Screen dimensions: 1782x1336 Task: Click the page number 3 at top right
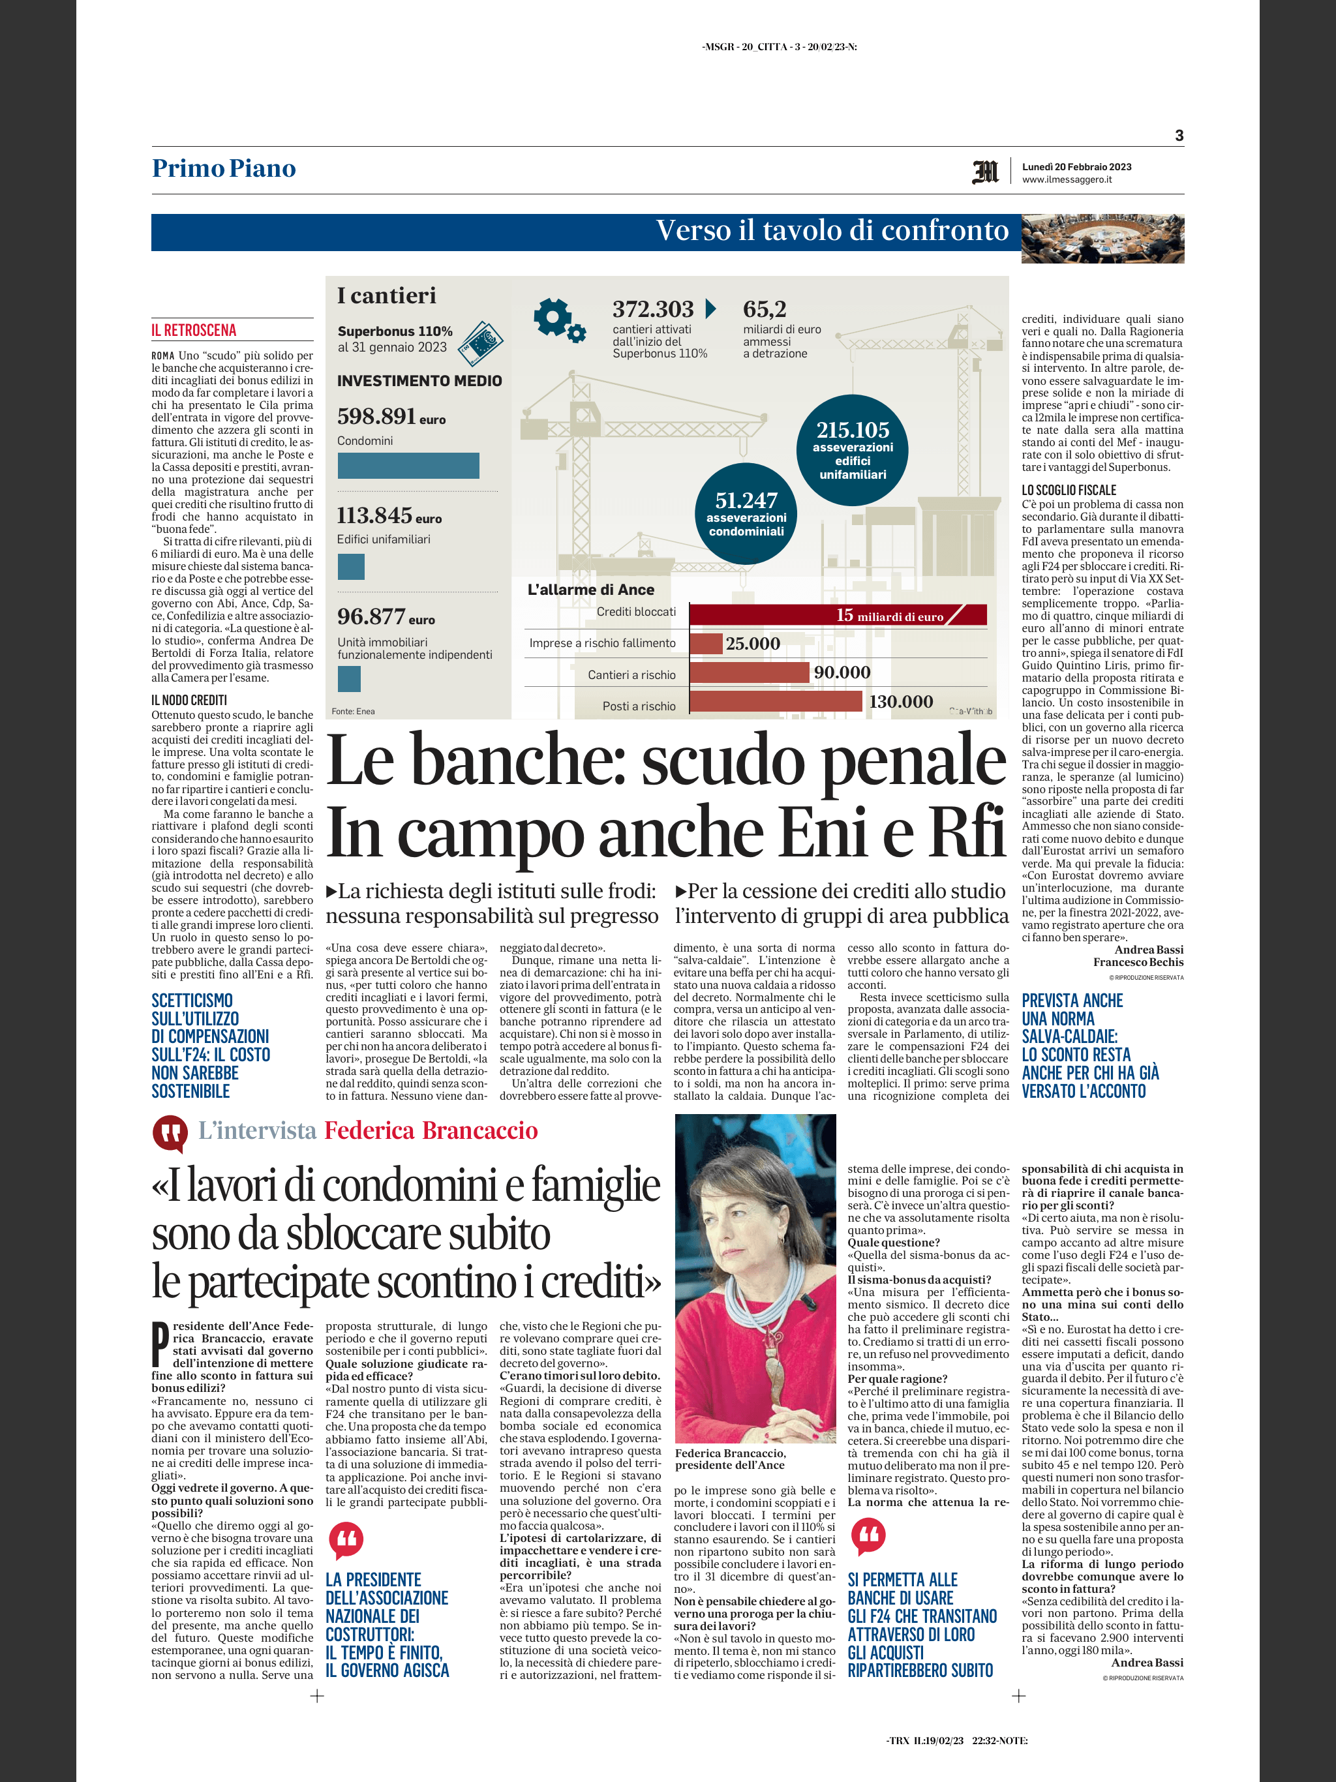click(1179, 135)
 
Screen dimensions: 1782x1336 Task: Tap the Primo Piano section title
click(224, 168)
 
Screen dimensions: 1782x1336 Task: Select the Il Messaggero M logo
click(986, 172)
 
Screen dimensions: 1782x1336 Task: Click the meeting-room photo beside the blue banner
click(1102, 239)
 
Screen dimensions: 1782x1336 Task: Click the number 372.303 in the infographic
click(653, 309)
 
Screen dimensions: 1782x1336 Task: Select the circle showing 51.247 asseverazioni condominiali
click(746, 514)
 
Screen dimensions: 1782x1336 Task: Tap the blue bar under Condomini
click(408, 466)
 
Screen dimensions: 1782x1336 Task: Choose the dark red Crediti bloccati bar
click(838, 614)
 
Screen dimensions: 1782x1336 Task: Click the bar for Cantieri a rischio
click(750, 672)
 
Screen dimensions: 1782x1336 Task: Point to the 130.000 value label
click(901, 702)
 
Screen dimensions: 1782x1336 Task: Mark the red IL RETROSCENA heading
click(194, 330)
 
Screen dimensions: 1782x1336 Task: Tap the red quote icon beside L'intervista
click(170, 1133)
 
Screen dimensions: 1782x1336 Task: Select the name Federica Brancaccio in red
click(431, 1130)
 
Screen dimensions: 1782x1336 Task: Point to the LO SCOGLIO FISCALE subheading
click(1069, 490)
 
